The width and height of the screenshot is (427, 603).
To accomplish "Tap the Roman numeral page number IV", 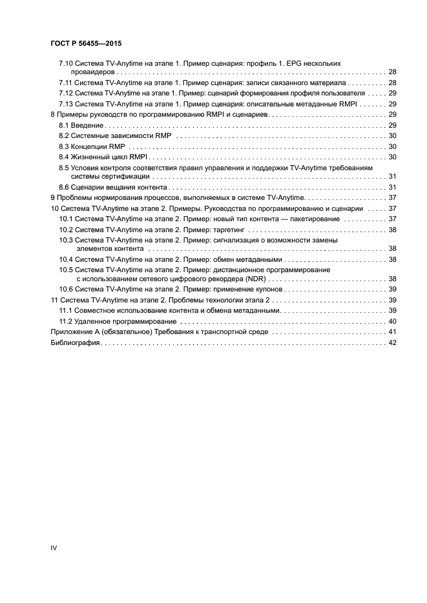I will pyautogui.click(x=54, y=548).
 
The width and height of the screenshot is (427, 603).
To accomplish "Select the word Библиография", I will pyautogui.click(x=74, y=342).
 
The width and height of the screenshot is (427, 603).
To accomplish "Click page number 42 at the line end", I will pyautogui.click(x=392, y=342).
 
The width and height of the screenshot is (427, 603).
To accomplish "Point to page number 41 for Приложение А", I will pyautogui.click(x=392, y=331).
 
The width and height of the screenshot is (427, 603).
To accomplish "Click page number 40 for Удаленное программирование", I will pyautogui.click(x=392, y=321).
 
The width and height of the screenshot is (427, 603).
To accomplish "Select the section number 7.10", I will pyautogui.click(x=66, y=63).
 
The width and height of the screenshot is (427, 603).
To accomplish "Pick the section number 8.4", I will pyautogui.click(x=64, y=157).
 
